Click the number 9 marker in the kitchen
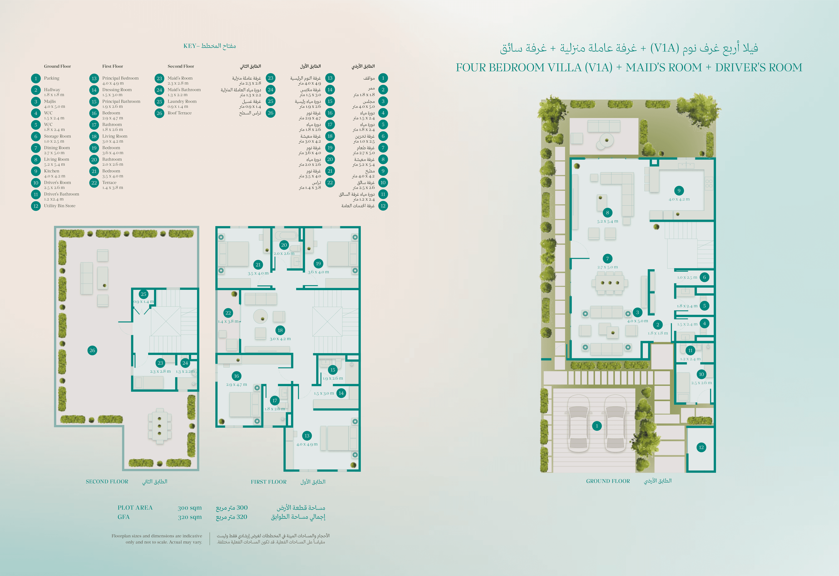(x=679, y=190)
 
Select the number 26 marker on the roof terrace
(x=92, y=350)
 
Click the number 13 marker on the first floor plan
(x=307, y=436)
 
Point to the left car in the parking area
(x=579, y=423)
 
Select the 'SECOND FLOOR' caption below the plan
(x=107, y=482)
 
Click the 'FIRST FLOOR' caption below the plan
(x=269, y=482)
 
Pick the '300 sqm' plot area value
(x=190, y=508)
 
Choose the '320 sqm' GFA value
(x=190, y=517)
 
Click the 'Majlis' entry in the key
(x=50, y=101)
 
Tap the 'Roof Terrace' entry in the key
(x=180, y=113)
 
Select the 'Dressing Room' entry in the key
(x=117, y=90)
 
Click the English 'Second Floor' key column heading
(x=181, y=66)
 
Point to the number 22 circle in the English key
(x=94, y=183)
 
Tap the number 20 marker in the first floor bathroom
(x=284, y=245)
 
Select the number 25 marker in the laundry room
(x=144, y=294)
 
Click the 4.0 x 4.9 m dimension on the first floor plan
(x=307, y=444)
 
